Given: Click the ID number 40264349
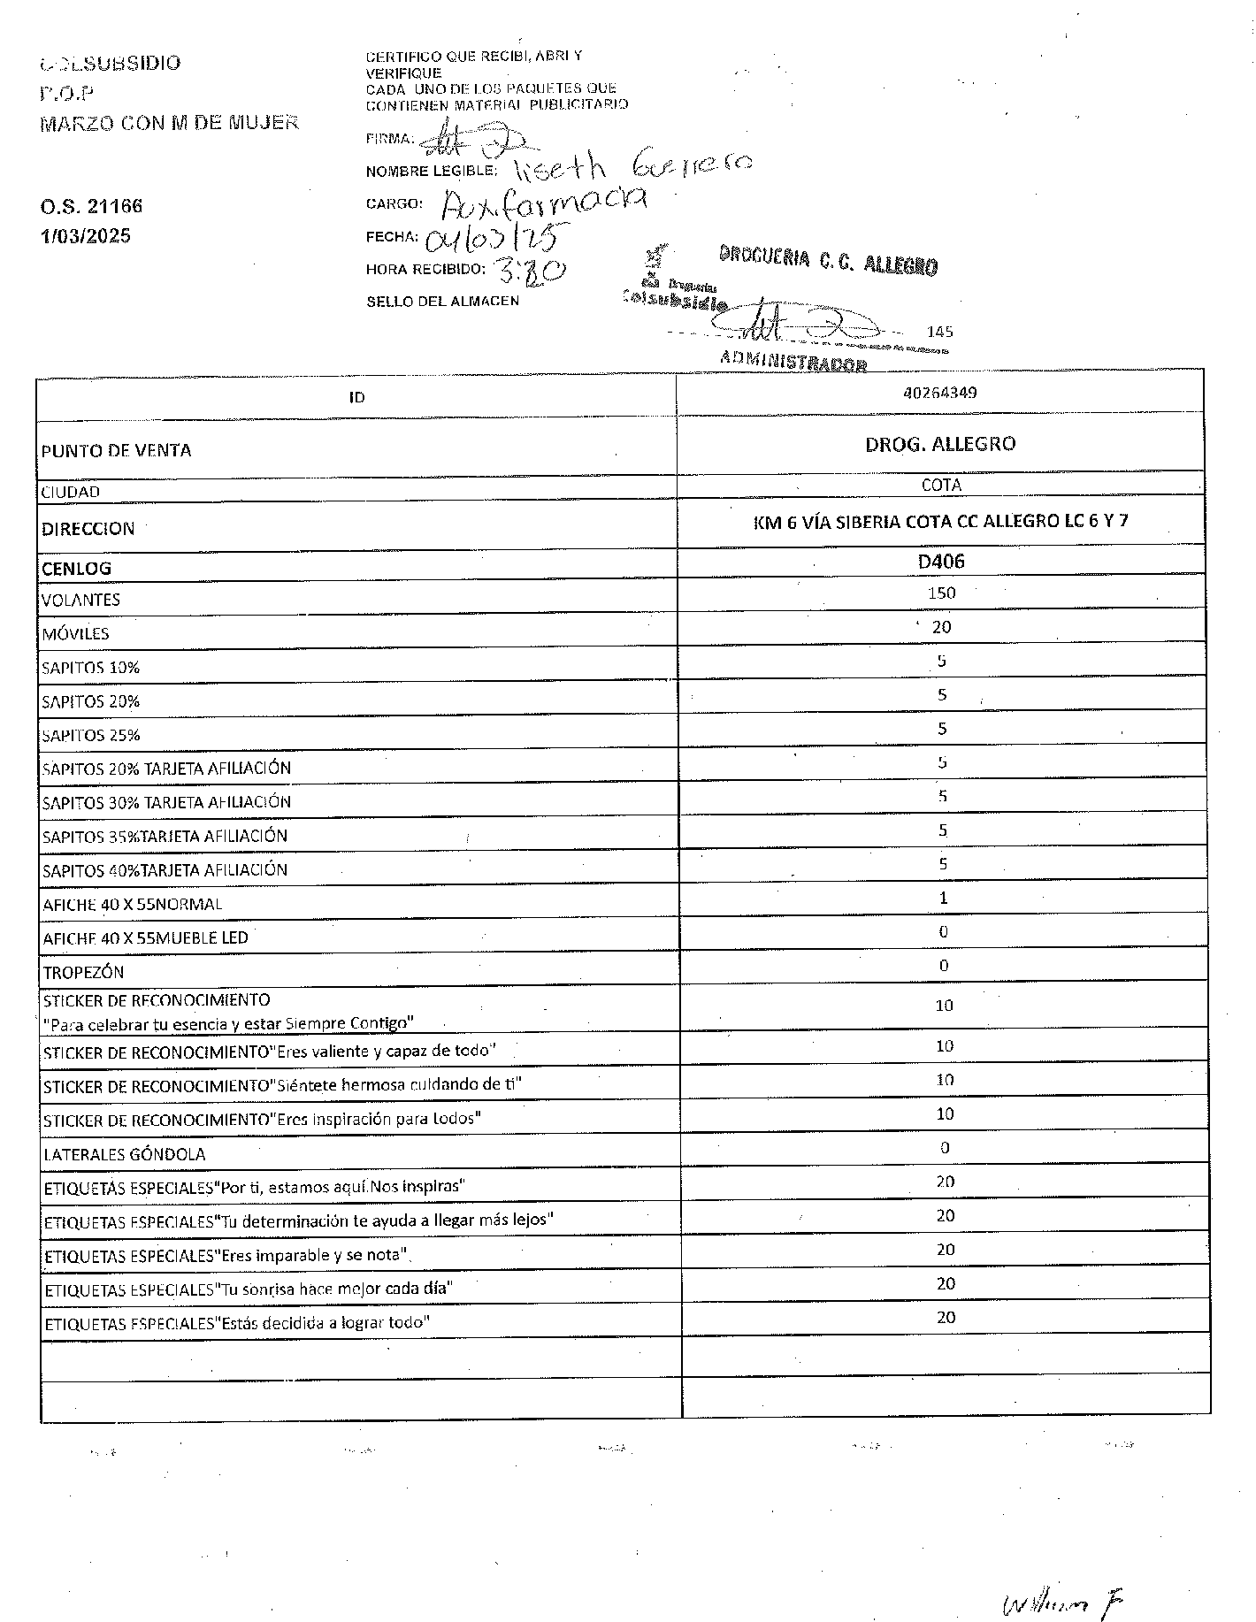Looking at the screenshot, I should coord(939,393).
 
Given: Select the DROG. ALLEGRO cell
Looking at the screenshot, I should coord(939,444).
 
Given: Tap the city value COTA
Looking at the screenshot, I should coord(940,486).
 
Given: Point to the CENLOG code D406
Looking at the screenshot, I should coord(940,562).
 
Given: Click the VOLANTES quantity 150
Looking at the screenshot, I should coord(941,593).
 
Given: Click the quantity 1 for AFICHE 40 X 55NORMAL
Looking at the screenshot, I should coord(943,898).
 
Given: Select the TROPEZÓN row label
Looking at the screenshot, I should coord(83,973).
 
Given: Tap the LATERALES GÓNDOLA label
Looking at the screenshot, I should coord(124,1154).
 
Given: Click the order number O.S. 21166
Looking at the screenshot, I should coord(91,206).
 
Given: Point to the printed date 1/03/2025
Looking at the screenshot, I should coord(85,236).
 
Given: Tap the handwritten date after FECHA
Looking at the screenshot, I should coord(495,235).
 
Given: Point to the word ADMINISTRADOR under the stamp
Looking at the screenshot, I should coord(793,361).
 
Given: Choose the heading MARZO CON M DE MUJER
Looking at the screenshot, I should coord(169,123).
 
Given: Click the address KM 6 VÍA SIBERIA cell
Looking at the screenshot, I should coord(940,521).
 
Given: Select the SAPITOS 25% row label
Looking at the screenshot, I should coord(91,735).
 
